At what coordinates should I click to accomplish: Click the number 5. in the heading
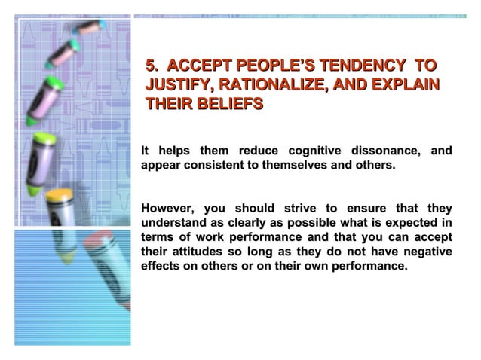tap(153, 65)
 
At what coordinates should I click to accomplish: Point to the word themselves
tap(302, 164)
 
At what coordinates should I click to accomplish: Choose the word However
tap(167, 209)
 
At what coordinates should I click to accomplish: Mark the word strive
tap(300, 209)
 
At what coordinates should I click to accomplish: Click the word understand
tap(170, 223)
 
